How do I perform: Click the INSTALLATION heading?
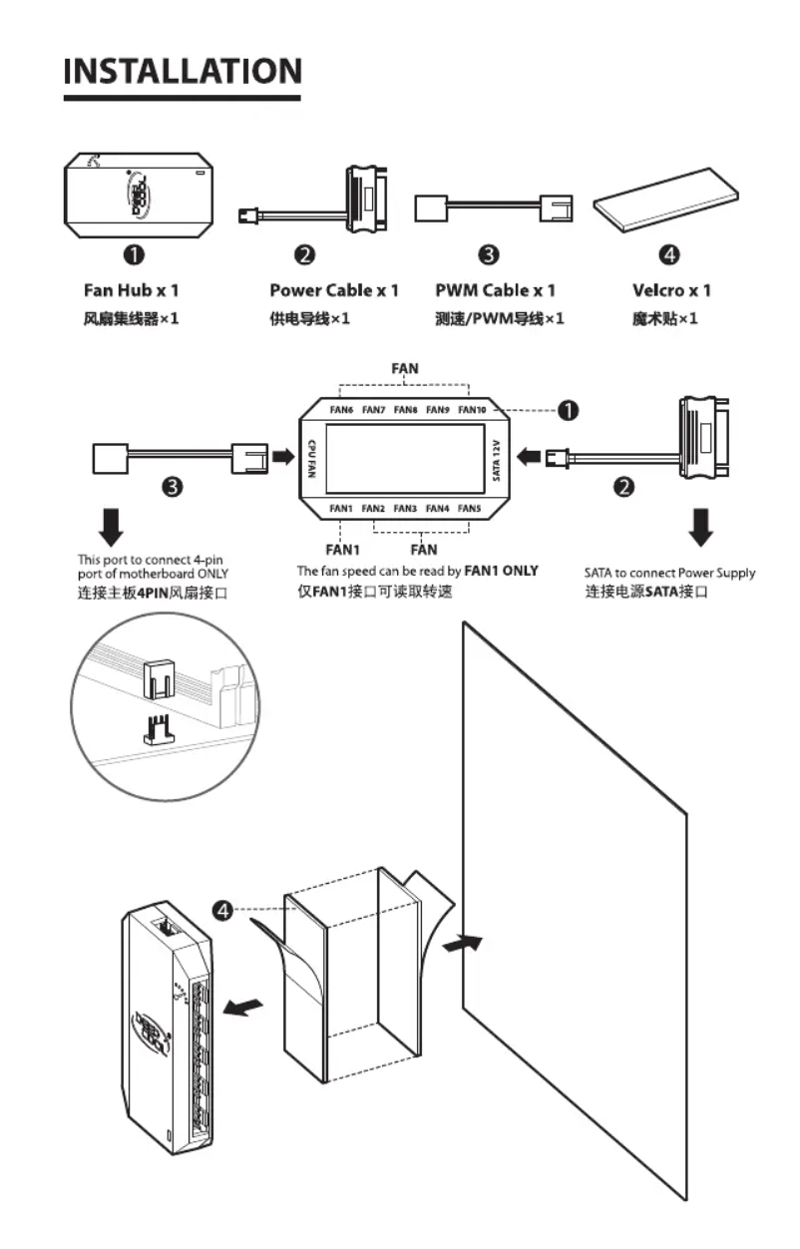pos(182,71)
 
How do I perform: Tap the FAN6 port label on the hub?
pos(341,409)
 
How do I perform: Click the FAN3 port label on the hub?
pos(405,508)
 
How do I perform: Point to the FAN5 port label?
pos(469,508)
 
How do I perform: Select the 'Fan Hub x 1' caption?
pos(131,290)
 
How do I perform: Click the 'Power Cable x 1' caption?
pos(333,290)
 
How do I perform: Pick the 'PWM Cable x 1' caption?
pos(495,290)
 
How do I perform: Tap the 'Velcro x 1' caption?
pos(671,290)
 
